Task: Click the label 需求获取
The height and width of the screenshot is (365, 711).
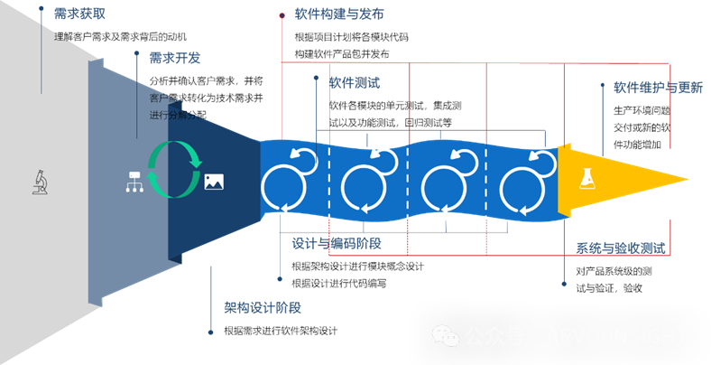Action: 79,14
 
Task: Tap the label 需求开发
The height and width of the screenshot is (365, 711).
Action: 175,58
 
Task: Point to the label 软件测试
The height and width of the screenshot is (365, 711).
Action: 354,82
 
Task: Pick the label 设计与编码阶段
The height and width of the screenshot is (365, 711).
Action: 337,243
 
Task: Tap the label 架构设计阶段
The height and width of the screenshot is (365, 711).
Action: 263,307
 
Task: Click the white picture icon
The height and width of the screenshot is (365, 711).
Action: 214,182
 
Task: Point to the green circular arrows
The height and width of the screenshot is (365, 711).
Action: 174,168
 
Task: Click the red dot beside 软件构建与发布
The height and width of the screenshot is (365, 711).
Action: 282,14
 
